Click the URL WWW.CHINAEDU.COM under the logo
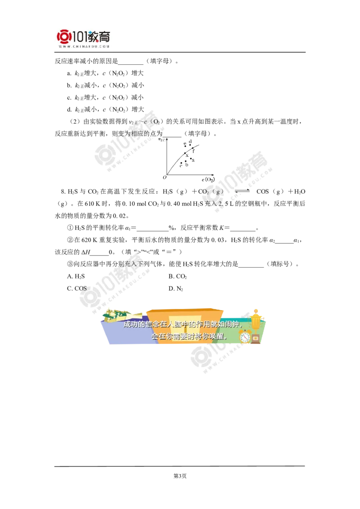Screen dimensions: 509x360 click(x=84, y=46)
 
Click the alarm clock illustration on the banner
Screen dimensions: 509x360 click(x=246, y=336)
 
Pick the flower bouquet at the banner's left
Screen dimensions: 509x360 click(x=111, y=316)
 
